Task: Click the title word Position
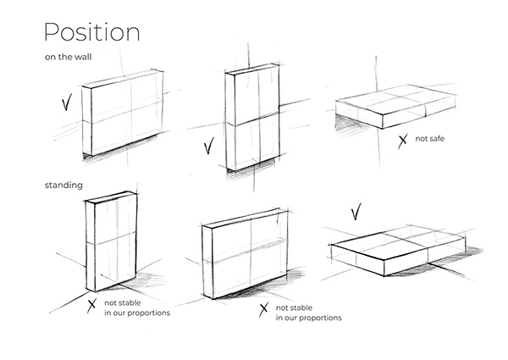91,32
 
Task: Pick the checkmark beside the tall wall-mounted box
208,148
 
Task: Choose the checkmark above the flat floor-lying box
356,208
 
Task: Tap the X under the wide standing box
263,308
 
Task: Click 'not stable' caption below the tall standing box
123,302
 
